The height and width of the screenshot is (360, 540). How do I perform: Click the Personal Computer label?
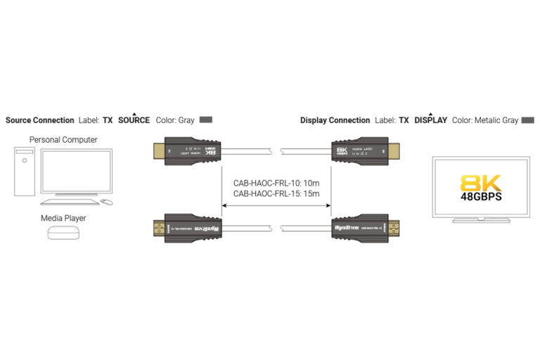click(x=63, y=140)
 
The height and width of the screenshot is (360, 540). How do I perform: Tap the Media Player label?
click(x=63, y=218)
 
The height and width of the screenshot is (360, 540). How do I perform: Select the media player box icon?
click(x=63, y=232)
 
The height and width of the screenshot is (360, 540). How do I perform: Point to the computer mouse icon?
click(x=106, y=202)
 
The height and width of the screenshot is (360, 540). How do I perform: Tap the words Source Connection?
click(x=39, y=120)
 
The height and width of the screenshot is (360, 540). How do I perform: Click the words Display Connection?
click(x=335, y=120)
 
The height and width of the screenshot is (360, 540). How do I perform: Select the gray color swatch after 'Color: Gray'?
click(x=206, y=120)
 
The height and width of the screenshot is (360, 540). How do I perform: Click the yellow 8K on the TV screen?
click(x=481, y=184)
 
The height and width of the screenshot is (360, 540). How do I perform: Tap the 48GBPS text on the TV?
click(x=481, y=199)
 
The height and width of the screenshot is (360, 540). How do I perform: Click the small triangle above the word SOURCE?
click(x=134, y=114)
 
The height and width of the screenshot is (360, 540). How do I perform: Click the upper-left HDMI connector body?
click(x=193, y=151)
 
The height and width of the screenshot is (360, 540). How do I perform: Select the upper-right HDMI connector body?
click(x=359, y=151)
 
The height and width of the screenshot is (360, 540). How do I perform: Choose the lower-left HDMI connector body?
click(x=193, y=229)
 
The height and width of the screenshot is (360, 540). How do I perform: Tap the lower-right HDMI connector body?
click(x=359, y=229)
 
